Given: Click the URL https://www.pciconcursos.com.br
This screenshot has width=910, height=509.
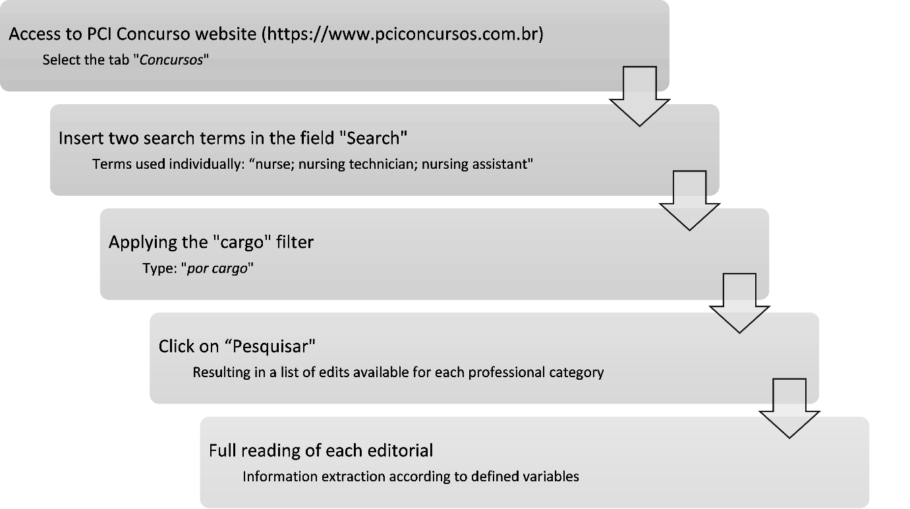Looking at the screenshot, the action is tap(403, 34).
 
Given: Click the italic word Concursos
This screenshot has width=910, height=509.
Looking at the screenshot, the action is tap(171, 60).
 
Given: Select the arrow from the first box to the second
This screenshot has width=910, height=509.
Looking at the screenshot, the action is tap(639, 96).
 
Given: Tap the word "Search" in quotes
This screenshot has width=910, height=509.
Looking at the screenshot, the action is tap(376, 138).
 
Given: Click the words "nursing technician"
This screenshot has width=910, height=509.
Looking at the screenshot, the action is tap(356, 164).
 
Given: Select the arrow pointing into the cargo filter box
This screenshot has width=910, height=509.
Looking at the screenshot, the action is tap(689, 200).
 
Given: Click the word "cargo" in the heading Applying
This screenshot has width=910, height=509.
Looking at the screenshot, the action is tap(242, 243).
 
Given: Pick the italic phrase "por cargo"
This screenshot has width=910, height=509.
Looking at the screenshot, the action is tap(217, 269).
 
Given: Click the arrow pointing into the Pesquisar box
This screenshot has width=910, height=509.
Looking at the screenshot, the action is tap(739, 303).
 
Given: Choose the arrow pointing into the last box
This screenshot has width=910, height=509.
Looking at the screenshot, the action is tap(789, 408).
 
